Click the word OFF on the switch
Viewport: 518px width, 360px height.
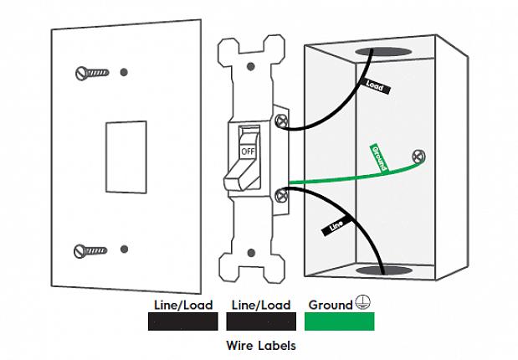[248, 152]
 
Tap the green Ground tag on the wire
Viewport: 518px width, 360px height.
[378, 158]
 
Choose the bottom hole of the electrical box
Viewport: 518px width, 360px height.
[384, 271]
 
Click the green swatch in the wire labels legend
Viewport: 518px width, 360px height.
[340, 321]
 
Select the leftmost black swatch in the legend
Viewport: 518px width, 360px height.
[182, 321]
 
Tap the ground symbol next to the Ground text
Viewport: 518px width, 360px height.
[362, 304]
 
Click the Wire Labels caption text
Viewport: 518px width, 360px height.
[261, 344]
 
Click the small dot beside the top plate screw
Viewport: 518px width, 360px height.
[123, 70]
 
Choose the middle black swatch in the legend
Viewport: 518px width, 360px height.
[261, 321]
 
